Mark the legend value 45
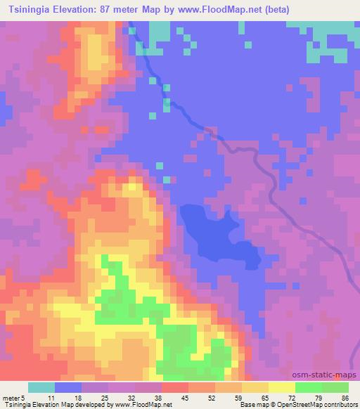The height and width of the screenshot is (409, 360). click(x=185, y=398)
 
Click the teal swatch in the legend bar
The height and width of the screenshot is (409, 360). click(x=41, y=387)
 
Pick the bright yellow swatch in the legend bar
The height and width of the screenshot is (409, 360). click(x=282, y=387)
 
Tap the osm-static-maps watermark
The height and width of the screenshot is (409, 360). click(x=328, y=377)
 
